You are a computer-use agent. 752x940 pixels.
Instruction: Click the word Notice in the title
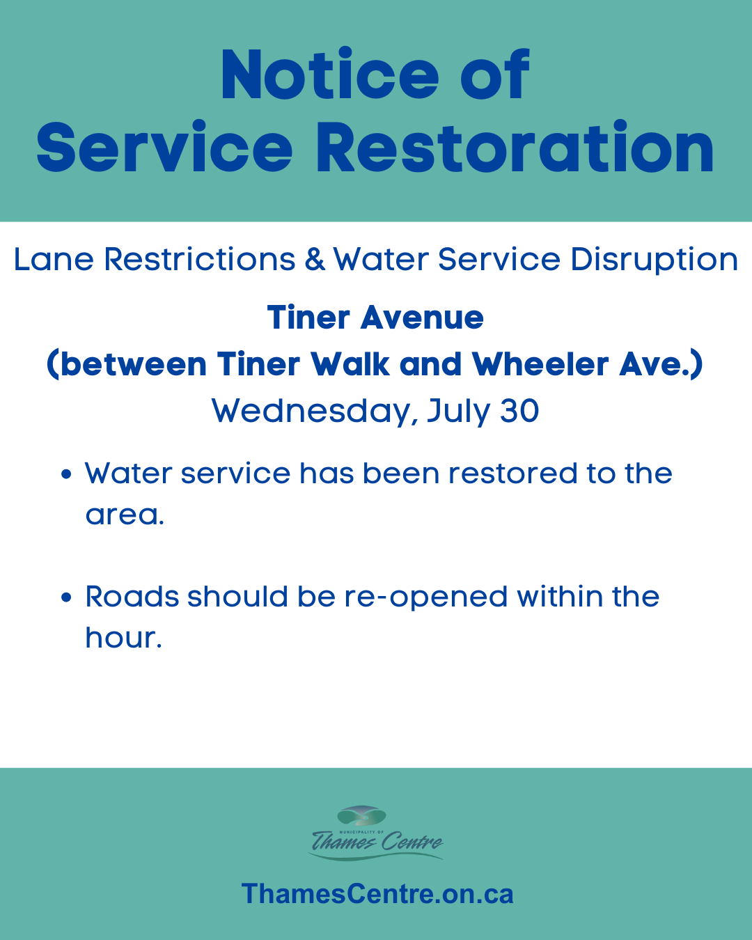click(330, 75)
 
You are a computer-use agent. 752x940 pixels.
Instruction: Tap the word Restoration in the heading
click(515, 147)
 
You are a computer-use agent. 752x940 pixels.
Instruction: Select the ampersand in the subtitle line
click(315, 259)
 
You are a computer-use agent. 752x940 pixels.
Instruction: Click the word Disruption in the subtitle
click(654, 260)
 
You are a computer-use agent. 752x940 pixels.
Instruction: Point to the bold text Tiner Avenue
click(376, 318)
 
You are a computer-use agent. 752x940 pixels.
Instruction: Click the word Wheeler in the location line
click(540, 364)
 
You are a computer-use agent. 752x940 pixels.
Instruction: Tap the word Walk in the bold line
click(350, 364)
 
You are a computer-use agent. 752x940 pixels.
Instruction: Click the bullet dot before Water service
click(66, 474)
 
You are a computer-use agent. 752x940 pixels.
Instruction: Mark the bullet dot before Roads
click(66, 597)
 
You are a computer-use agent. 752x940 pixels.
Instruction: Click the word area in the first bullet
click(125, 515)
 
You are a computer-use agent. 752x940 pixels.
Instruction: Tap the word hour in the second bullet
click(123, 637)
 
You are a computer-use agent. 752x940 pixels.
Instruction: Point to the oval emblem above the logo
click(361, 816)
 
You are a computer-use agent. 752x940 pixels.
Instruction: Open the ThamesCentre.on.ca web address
click(377, 893)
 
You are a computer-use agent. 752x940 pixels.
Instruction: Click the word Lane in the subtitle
click(54, 259)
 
